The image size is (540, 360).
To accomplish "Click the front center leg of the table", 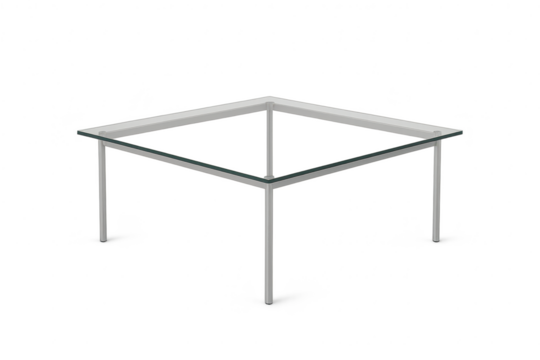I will click(269, 240).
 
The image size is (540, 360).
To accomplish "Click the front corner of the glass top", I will click(270, 183).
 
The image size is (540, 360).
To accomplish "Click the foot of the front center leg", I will click(269, 299).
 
